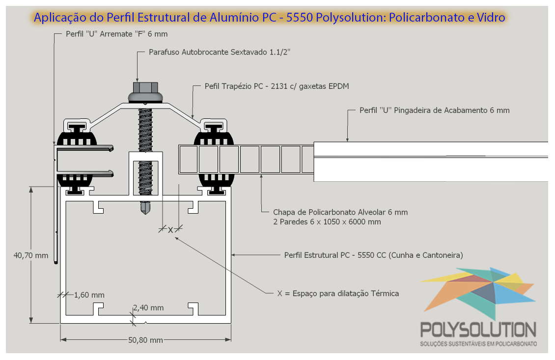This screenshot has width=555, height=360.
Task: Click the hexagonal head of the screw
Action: pos(145,87)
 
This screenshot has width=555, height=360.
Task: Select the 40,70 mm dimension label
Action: pos(31,255)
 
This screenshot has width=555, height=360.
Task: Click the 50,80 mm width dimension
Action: pos(145,340)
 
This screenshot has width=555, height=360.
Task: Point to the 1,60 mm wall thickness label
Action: pos(89,295)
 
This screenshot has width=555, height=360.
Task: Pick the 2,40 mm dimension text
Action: pos(148,307)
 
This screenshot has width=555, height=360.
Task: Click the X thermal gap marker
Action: pos(170,230)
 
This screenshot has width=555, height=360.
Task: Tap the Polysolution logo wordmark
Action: pos(478,330)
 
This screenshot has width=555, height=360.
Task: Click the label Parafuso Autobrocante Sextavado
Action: pos(220,52)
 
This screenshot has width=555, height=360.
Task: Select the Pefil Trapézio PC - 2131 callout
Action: pos(277,86)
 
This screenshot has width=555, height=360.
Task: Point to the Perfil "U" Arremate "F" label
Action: pos(116,34)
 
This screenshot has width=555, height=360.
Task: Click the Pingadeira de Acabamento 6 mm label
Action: pos(435,110)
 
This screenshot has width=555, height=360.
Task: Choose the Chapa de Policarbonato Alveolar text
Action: pos(340,212)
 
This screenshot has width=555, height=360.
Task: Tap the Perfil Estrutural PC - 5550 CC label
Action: pos(373,255)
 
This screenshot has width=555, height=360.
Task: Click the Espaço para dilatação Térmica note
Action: pos(338,293)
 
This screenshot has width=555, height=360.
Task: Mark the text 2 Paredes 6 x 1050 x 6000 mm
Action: pos(327,222)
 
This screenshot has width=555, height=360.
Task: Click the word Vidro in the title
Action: pos(491,17)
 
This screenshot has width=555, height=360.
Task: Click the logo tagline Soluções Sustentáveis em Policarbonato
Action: pos(478,344)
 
